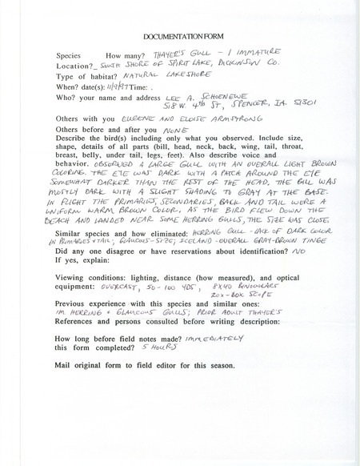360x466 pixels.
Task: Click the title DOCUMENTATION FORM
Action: click(180, 38)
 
